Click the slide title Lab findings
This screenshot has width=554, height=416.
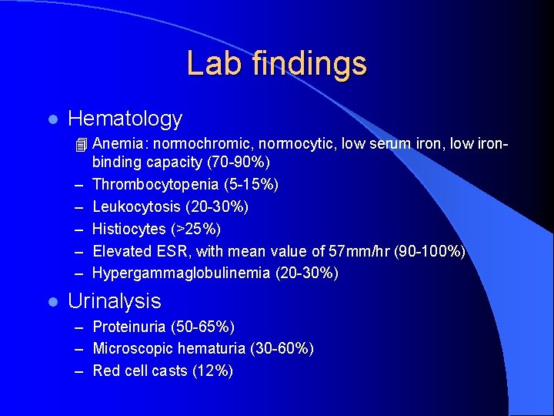(x=276, y=63)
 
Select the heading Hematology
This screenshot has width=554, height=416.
(x=125, y=119)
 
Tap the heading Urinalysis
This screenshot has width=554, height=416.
(x=115, y=301)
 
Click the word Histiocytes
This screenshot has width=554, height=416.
(x=128, y=229)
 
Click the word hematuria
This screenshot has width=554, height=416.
(x=214, y=349)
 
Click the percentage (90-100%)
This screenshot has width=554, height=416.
(x=429, y=251)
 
